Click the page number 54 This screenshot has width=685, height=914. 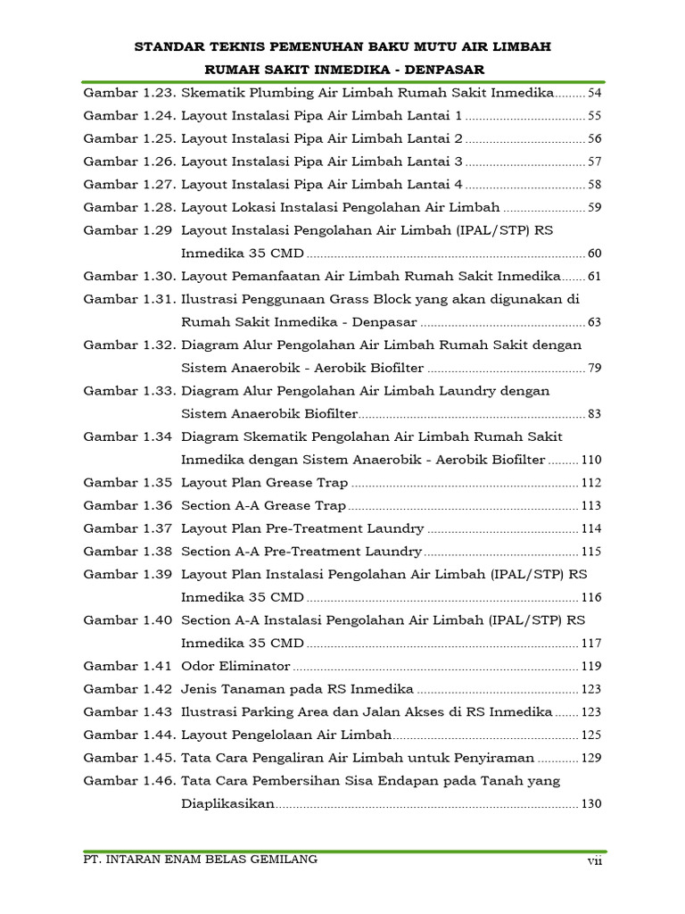595,93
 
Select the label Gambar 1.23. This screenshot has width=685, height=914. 129,92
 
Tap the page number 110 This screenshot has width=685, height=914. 591,460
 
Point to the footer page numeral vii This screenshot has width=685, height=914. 595,860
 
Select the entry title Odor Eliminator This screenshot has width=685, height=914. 235,666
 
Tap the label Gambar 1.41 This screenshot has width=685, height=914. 127,666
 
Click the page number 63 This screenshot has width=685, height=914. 595,322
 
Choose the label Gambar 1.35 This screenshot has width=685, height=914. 127,483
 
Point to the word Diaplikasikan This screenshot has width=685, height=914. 227,803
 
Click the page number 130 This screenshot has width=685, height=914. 591,803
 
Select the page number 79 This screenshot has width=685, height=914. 595,369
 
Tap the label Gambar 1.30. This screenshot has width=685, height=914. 129,276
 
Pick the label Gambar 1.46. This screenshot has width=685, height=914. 129,781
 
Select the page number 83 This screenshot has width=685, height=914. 595,414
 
